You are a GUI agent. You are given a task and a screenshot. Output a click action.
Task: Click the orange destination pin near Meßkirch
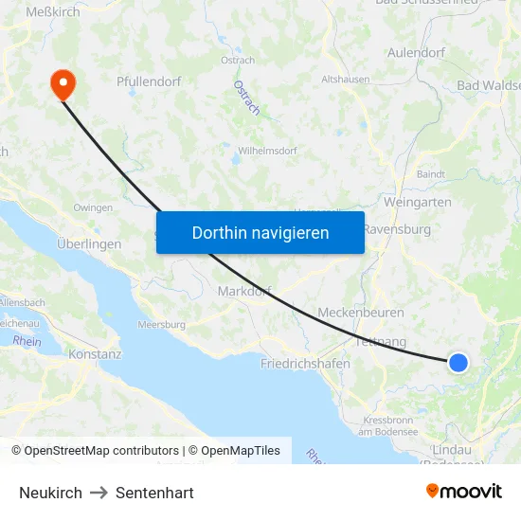tap(63, 83)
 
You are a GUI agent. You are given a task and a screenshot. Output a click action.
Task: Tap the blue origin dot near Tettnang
tap(458, 362)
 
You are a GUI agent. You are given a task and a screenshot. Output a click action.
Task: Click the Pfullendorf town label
tap(149, 82)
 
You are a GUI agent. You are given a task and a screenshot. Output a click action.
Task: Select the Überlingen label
tap(89, 243)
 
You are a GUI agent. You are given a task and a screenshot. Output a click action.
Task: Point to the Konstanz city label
tap(95, 354)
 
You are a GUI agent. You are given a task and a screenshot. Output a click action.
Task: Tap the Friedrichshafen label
tap(305, 363)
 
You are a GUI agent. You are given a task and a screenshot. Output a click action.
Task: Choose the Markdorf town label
tap(244, 291)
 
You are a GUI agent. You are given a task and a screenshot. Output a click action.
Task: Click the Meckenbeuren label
tap(361, 313)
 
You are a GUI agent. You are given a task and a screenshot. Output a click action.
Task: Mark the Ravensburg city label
tap(397, 229)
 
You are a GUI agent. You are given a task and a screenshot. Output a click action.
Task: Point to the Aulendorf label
tap(416, 53)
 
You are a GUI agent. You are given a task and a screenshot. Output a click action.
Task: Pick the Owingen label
tap(93, 207)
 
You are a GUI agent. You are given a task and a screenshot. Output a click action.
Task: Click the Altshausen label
tap(346, 80)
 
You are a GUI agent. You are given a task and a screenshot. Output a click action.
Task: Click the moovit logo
tap(463, 491)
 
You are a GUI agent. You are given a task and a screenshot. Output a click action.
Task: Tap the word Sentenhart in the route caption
tap(154, 493)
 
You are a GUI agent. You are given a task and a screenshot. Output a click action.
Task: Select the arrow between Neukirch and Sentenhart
tap(99, 493)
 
